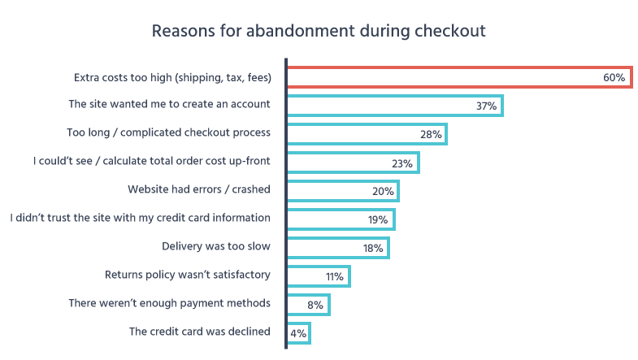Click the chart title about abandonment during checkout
pos(319,32)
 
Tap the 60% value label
pos(614,77)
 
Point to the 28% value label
pos(431,134)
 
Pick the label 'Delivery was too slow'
pos(216,247)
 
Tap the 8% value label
pos(315,305)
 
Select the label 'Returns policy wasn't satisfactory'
pos(188,275)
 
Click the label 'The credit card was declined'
pos(199,332)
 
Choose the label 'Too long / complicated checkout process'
pos(167,132)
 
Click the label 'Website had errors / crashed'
pos(198,189)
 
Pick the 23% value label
pos(402,163)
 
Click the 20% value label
pos(383,191)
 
